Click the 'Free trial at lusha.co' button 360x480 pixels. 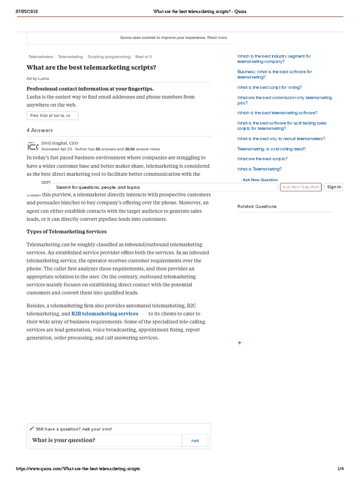52,115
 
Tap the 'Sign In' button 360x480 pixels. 334,187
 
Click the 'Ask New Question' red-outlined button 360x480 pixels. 300,187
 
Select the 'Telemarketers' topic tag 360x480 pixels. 41,56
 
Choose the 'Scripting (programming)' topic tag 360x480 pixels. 109,56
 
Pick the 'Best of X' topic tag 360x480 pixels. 144,56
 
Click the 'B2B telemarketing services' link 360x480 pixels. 105,314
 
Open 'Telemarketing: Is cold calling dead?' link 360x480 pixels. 271,149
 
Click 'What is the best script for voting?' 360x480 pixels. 270,87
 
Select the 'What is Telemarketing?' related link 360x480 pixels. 259,169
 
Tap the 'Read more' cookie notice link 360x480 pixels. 217,37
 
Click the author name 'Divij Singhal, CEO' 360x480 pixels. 60,143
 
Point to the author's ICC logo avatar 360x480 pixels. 33,146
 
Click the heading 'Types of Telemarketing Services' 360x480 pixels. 67,232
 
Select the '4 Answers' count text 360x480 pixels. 40,130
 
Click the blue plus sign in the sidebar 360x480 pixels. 240,343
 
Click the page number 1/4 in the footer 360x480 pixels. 340,469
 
